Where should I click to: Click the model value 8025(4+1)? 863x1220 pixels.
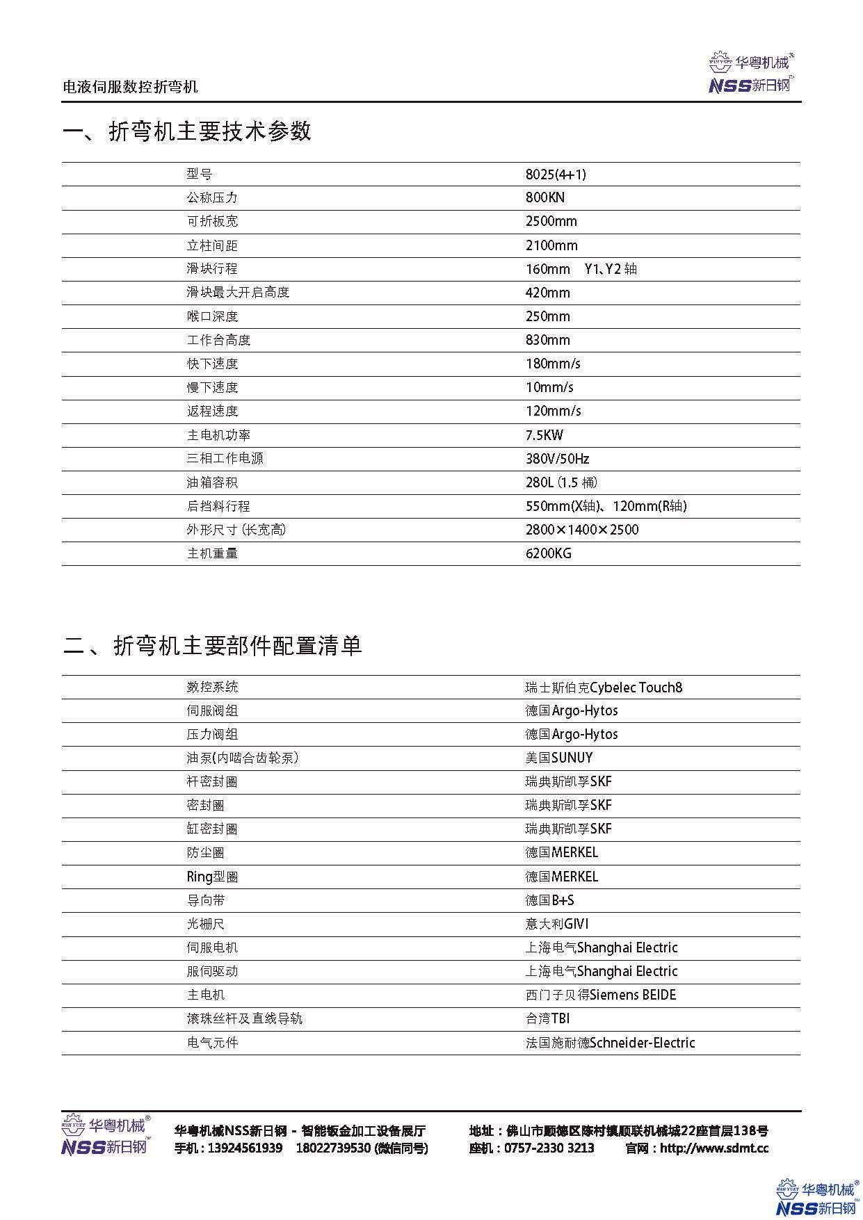[x=551, y=174]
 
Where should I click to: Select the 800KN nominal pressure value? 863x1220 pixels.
[x=545, y=197]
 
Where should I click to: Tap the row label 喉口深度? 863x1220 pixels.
[x=212, y=316]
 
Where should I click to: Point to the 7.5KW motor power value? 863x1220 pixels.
[x=545, y=435]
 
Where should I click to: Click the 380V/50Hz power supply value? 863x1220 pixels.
[x=558, y=459]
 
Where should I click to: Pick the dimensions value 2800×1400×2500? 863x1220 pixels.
[x=582, y=530]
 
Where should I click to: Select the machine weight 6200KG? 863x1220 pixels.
[x=549, y=553]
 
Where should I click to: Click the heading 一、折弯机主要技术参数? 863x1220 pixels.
[x=186, y=131]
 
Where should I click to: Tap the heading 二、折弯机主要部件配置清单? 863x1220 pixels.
[x=212, y=646]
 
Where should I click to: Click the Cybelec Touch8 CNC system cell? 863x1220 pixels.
[x=604, y=688]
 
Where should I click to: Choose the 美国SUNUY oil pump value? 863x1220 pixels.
[x=559, y=758]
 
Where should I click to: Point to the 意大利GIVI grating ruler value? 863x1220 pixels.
[x=557, y=924]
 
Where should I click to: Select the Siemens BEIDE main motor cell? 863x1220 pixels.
[x=601, y=995]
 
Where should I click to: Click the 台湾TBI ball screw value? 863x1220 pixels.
[x=547, y=1018]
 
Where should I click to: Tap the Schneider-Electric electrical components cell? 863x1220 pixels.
[x=610, y=1043]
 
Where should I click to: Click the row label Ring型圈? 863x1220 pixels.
[x=212, y=877]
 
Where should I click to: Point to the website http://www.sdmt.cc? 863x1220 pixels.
[x=714, y=1148]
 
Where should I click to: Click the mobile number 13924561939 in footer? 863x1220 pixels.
[x=245, y=1148]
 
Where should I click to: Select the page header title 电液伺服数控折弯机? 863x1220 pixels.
[x=130, y=86]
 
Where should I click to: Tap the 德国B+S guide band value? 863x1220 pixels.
[x=549, y=900]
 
